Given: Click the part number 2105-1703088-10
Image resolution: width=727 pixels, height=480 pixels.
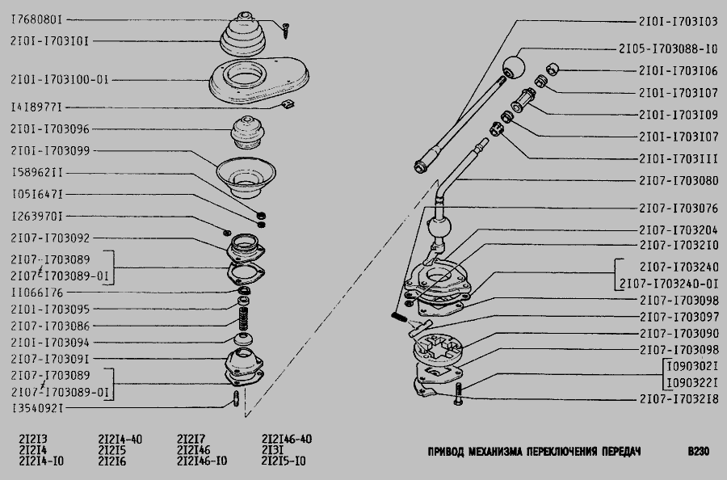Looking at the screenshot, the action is point(668,48).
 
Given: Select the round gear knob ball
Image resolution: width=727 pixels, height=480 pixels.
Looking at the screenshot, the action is point(514,67).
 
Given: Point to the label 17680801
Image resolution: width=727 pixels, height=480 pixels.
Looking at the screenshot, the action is point(36,20).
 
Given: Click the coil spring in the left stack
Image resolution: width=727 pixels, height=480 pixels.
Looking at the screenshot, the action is point(244,318).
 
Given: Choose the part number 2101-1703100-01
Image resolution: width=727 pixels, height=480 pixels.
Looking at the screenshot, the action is point(60,80).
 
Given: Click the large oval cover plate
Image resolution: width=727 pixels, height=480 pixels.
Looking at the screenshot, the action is point(258,81).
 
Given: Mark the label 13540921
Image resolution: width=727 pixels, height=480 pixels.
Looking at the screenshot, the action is point(37,408).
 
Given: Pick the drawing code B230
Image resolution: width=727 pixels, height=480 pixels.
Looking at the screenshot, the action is point(698,451).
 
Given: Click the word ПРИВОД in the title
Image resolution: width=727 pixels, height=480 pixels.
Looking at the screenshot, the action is point(445,452).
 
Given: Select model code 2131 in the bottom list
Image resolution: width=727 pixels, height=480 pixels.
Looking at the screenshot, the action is point(272,450).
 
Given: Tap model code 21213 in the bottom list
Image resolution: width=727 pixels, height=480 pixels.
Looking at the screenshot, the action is point(33,439).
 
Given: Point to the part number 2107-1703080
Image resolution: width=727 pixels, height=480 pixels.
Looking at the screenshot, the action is point(679,180).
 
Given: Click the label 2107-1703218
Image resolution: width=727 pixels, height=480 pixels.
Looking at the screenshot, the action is point(679,399).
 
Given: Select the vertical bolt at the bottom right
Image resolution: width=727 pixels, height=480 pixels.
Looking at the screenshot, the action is point(459,394).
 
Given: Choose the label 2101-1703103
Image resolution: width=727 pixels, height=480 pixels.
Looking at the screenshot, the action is point(679,21).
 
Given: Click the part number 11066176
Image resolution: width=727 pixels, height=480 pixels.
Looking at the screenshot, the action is point(37,293).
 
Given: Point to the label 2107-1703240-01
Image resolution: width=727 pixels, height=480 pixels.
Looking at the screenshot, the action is point(669,284).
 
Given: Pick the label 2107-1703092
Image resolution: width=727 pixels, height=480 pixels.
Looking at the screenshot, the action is point(50,238).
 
